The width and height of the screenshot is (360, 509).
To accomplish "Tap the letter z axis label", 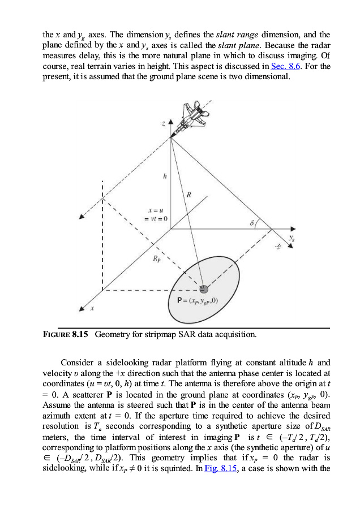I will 163,123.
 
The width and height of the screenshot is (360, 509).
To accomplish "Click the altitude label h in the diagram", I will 164,176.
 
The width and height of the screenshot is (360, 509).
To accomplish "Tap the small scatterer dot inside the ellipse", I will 196,290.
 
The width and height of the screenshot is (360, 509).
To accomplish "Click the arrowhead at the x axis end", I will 83,308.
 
